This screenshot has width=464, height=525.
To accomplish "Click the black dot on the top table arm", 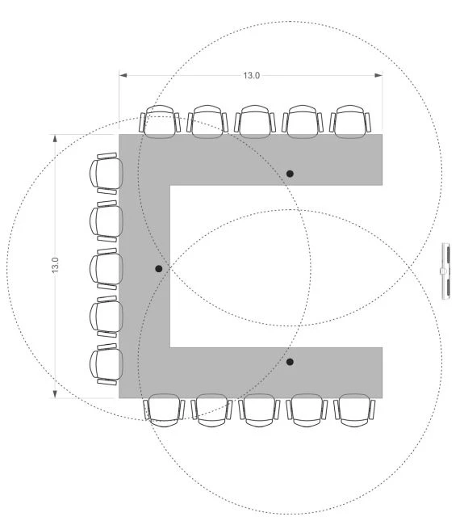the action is pos(290,174).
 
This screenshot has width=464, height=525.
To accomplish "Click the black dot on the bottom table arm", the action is pos(290,362).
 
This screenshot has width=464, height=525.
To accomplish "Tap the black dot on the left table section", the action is pos(159,268).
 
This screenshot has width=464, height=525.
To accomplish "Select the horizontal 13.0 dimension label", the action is pos(251,75).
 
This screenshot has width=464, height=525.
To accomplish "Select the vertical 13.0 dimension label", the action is pos(55,264).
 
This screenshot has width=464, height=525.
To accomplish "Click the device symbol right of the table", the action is pos(445,271).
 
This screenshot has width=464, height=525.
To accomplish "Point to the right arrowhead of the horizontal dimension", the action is pos(378,75).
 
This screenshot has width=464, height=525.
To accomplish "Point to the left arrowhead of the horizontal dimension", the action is pos(123,75).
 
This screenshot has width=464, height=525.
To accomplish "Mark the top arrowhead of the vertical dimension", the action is pos(55,138).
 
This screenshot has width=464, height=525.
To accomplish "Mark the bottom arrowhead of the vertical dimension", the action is pos(55,394).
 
